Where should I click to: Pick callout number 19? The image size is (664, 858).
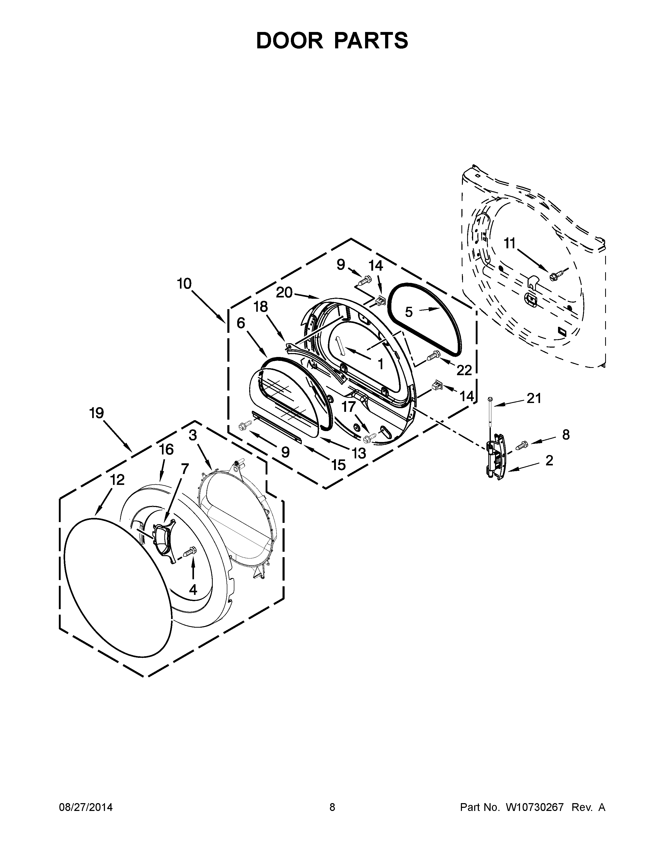[x=96, y=413]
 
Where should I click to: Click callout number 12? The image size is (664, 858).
[x=117, y=480]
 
